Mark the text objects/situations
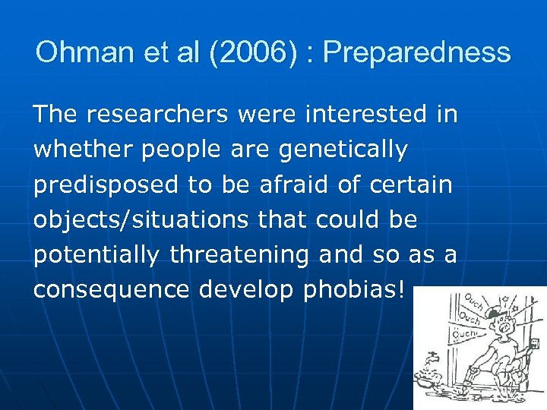[x=141, y=220]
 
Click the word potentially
[x=96, y=255]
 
